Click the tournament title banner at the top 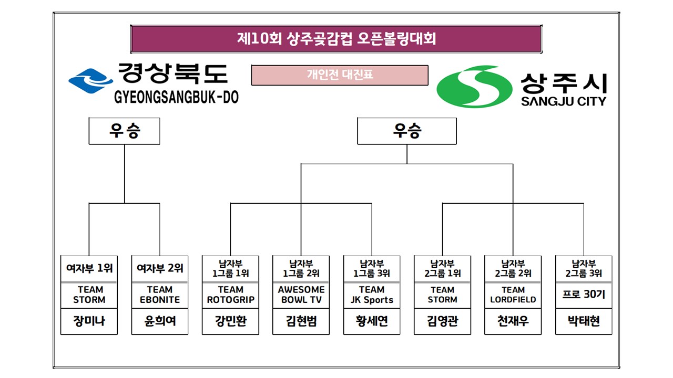point(336,39)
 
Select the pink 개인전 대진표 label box point(340,75)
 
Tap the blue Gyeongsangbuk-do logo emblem point(90,81)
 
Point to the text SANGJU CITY point(563,101)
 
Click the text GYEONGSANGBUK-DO point(176,98)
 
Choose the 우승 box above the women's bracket point(124,131)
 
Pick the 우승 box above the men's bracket point(406,131)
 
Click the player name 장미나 point(89,321)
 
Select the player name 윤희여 point(159,321)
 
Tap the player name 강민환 point(230,321)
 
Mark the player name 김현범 point(301,321)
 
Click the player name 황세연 point(371,321)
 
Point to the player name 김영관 point(442,321)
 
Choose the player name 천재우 point(513,321)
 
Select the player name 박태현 point(584,321)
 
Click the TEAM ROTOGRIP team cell point(230,295)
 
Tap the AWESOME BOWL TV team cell point(301,295)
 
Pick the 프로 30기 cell point(584,295)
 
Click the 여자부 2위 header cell point(159,268)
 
